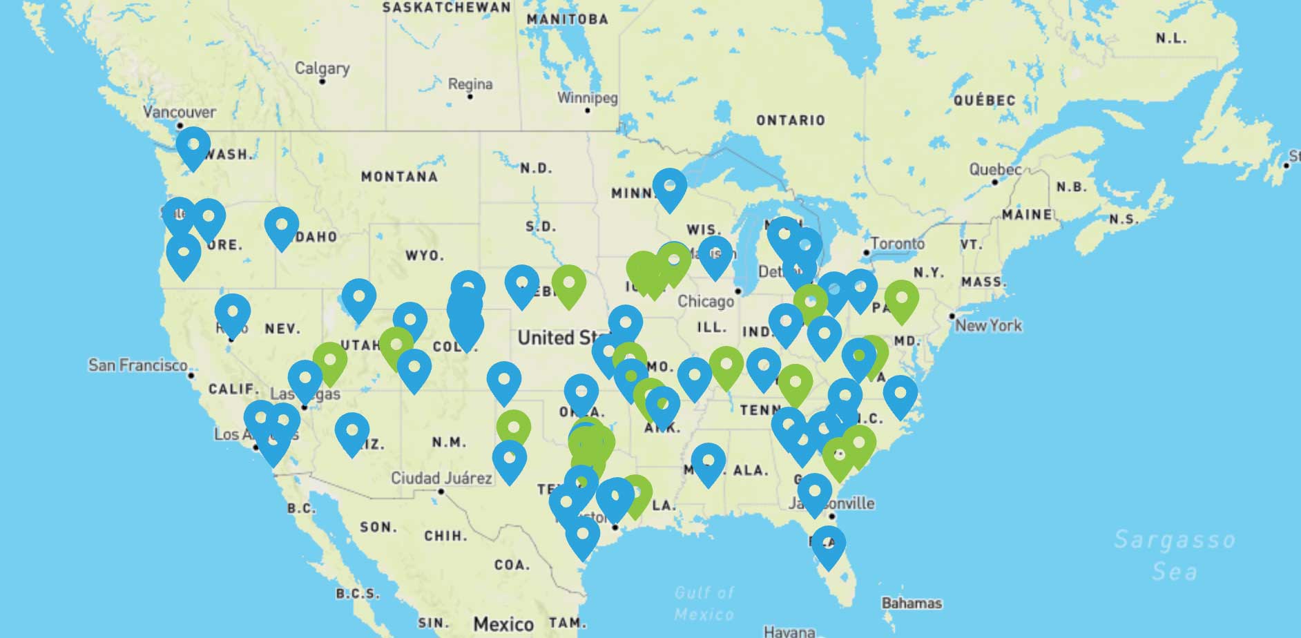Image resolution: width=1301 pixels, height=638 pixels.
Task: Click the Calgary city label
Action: click(322, 68)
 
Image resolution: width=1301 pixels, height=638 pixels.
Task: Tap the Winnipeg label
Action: click(588, 98)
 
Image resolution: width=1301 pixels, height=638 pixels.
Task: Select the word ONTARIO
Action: click(790, 120)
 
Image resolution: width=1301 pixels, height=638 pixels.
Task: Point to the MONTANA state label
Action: click(399, 177)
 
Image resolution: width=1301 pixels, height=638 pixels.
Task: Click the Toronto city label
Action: click(897, 244)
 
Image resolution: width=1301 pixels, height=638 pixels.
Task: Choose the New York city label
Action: click(988, 325)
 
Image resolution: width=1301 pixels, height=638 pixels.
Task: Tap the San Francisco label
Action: click(137, 365)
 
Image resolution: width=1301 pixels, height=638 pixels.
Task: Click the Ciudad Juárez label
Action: click(441, 478)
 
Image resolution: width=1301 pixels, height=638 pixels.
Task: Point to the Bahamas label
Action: click(911, 603)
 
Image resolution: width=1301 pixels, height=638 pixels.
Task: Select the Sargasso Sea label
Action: click(1175, 554)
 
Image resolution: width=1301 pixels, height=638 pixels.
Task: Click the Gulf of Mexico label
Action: click(704, 603)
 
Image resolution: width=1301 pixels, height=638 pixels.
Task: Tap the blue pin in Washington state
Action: click(193, 146)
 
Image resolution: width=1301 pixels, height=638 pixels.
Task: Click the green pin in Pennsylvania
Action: click(902, 300)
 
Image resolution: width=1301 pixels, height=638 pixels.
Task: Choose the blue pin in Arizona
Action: click(351, 432)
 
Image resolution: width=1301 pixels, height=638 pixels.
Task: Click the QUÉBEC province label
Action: click(984, 101)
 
